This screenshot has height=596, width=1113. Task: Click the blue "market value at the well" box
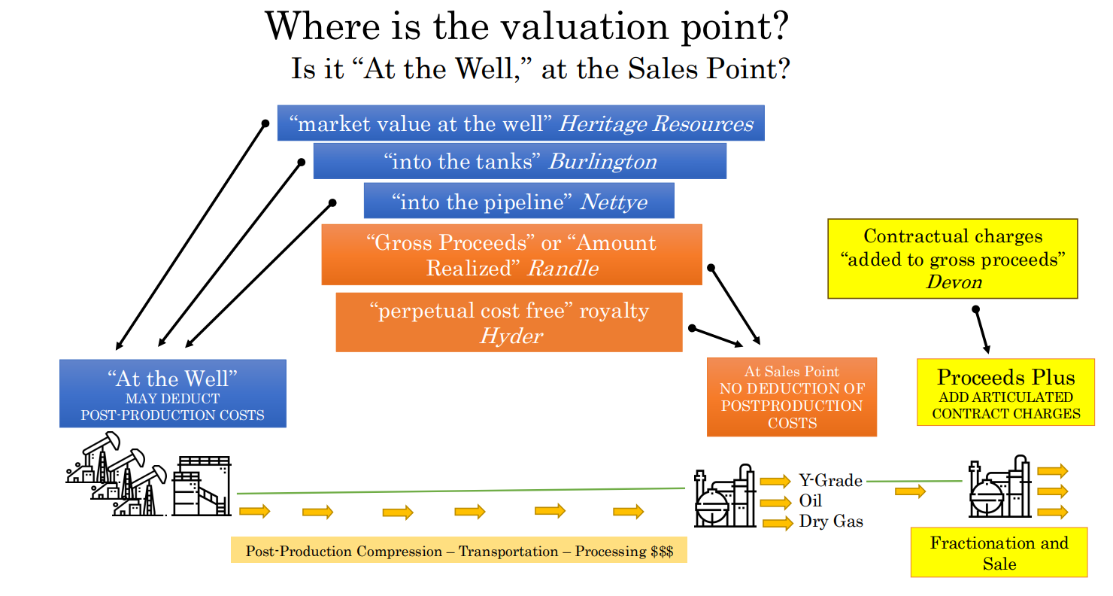click(520, 123)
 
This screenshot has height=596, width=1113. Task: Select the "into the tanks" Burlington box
click(520, 161)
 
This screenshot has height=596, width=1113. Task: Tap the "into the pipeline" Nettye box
click(519, 201)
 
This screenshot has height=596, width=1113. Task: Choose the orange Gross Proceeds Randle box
click(512, 254)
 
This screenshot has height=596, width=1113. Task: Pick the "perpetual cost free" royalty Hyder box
click(509, 322)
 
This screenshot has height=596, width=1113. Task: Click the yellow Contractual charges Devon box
click(953, 258)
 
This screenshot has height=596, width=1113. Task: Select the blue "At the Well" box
click(173, 393)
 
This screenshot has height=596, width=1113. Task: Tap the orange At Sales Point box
click(792, 397)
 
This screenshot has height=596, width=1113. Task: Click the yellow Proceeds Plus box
click(1005, 392)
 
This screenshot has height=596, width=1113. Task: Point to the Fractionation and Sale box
click(999, 552)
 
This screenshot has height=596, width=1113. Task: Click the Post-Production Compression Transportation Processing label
click(459, 551)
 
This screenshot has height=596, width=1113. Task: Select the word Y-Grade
click(830, 480)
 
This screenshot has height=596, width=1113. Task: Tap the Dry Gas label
click(831, 521)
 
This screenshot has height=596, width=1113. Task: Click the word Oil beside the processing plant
click(811, 500)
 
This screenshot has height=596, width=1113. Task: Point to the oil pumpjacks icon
click(117, 474)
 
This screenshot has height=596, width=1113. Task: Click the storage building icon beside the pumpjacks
click(202, 485)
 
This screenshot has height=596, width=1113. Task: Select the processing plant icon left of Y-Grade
click(725, 496)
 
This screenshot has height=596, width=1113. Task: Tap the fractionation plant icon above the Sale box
click(999, 487)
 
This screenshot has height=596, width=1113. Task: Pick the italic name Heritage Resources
click(656, 123)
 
